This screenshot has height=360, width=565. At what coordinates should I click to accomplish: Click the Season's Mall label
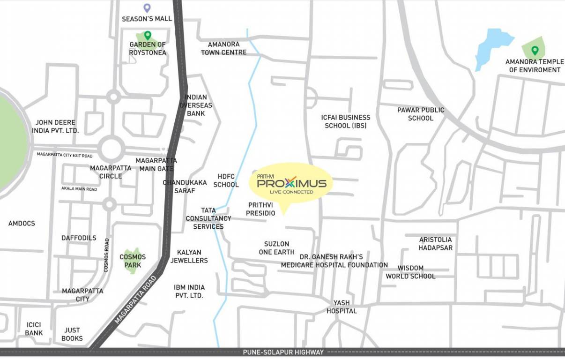point(147,19)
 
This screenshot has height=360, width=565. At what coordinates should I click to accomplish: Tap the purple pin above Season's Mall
point(147,8)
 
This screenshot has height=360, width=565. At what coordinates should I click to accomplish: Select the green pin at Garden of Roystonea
point(148,35)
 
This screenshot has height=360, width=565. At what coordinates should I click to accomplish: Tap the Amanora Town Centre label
point(223,48)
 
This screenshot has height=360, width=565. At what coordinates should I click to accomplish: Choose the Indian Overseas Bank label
point(196,105)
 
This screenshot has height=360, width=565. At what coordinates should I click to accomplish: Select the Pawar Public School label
point(420,114)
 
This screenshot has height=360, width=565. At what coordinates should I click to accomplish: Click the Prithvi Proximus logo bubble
point(290,183)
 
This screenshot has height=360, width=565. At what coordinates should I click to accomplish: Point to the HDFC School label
point(226,180)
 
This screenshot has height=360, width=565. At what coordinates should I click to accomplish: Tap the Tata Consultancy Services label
point(208,218)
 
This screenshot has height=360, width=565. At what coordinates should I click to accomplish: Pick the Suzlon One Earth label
point(276,248)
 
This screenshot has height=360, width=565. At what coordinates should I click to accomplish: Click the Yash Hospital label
point(342,307)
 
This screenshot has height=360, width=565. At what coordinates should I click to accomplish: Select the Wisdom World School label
point(410,272)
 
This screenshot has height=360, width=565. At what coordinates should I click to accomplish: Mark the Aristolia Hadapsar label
point(435,243)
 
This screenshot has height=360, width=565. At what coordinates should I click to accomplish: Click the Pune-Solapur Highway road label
point(283,352)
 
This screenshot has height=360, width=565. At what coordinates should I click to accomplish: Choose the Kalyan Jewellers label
point(189,256)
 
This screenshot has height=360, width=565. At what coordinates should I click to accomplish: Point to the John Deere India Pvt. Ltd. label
point(55,127)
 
